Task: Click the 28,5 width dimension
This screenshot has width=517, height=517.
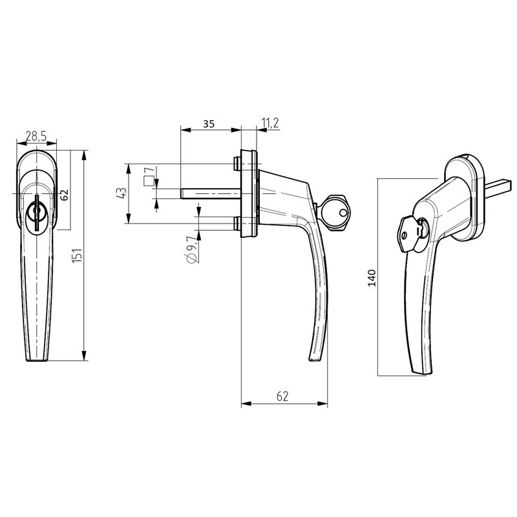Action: coord(35,136)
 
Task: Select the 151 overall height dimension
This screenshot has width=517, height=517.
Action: coord(77,256)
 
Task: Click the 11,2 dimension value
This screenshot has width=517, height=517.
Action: coord(269,123)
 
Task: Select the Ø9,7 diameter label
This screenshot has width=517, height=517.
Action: coord(190,249)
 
